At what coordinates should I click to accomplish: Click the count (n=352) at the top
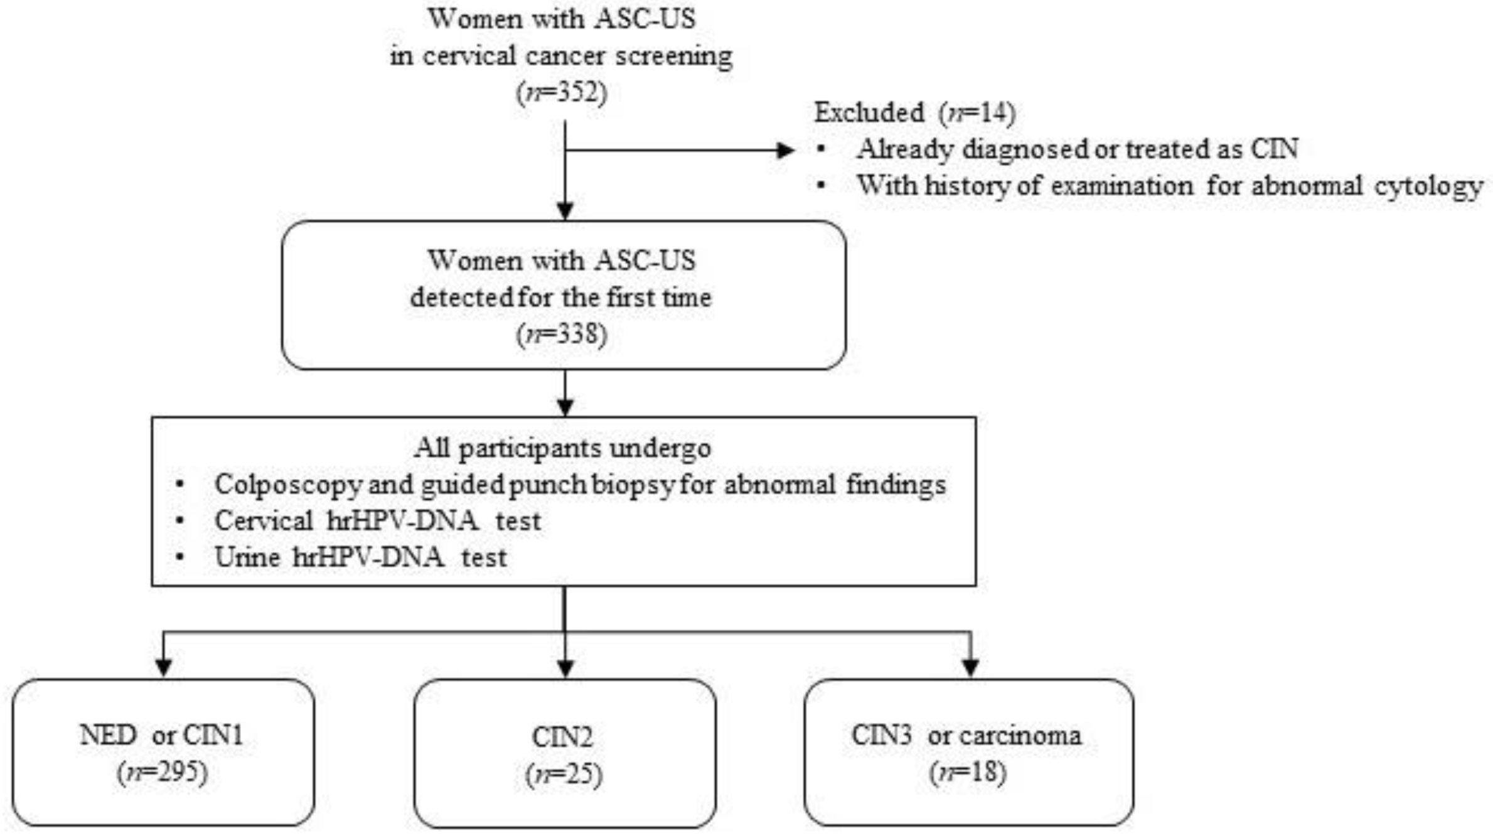[x=562, y=93]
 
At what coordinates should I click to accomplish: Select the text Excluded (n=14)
[x=914, y=113]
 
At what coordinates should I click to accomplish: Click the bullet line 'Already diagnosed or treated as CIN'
[x=1077, y=149]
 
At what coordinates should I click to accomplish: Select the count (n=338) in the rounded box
[x=562, y=334]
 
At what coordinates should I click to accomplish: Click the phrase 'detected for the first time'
[x=560, y=297]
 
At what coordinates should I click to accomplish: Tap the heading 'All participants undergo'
[x=562, y=448]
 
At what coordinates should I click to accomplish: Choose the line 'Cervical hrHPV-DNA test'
[x=377, y=521]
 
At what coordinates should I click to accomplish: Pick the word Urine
[x=247, y=557]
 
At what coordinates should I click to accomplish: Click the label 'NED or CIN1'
[x=161, y=735]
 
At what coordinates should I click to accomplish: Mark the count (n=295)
[x=162, y=772]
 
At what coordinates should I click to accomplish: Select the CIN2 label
[x=562, y=737]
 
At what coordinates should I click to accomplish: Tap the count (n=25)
[x=564, y=775]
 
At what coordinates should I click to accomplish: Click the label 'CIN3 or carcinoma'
[x=966, y=735]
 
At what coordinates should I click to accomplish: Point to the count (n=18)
[x=968, y=772]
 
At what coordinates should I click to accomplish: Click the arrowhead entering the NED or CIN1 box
[x=164, y=667]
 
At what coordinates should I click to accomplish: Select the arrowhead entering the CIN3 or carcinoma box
[x=971, y=667]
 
